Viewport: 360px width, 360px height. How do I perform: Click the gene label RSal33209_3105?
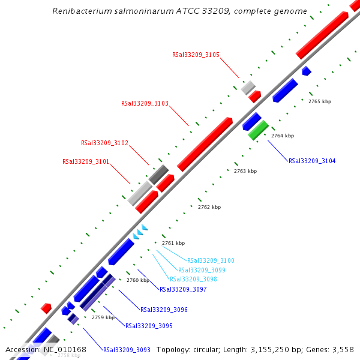coord(196,55)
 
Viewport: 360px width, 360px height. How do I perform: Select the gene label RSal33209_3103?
coord(145,103)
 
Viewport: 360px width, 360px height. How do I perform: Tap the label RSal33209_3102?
coord(104,143)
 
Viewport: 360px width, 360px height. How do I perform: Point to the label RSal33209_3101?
coord(86,161)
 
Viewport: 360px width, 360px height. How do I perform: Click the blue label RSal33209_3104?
coord(312,161)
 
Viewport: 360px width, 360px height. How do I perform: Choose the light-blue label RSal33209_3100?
coord(211,260)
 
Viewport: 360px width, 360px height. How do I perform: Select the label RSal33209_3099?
coord(202,270)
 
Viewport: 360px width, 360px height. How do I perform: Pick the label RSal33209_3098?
coord(193,280)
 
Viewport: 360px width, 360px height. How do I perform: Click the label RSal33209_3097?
coord(183,289)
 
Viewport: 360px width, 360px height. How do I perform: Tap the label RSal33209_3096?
coord(164,310)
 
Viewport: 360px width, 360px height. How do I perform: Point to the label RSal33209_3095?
coord(149,326)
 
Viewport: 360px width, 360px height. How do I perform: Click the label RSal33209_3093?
coord(127,350)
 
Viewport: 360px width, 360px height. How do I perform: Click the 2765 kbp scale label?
coord(320,101)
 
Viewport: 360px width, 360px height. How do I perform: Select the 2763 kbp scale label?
coord(245,171)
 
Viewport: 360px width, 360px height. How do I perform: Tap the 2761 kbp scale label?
coord(173,243)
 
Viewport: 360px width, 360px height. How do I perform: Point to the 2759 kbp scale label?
coord(103,317)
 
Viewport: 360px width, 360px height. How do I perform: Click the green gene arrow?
coord(259,130)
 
